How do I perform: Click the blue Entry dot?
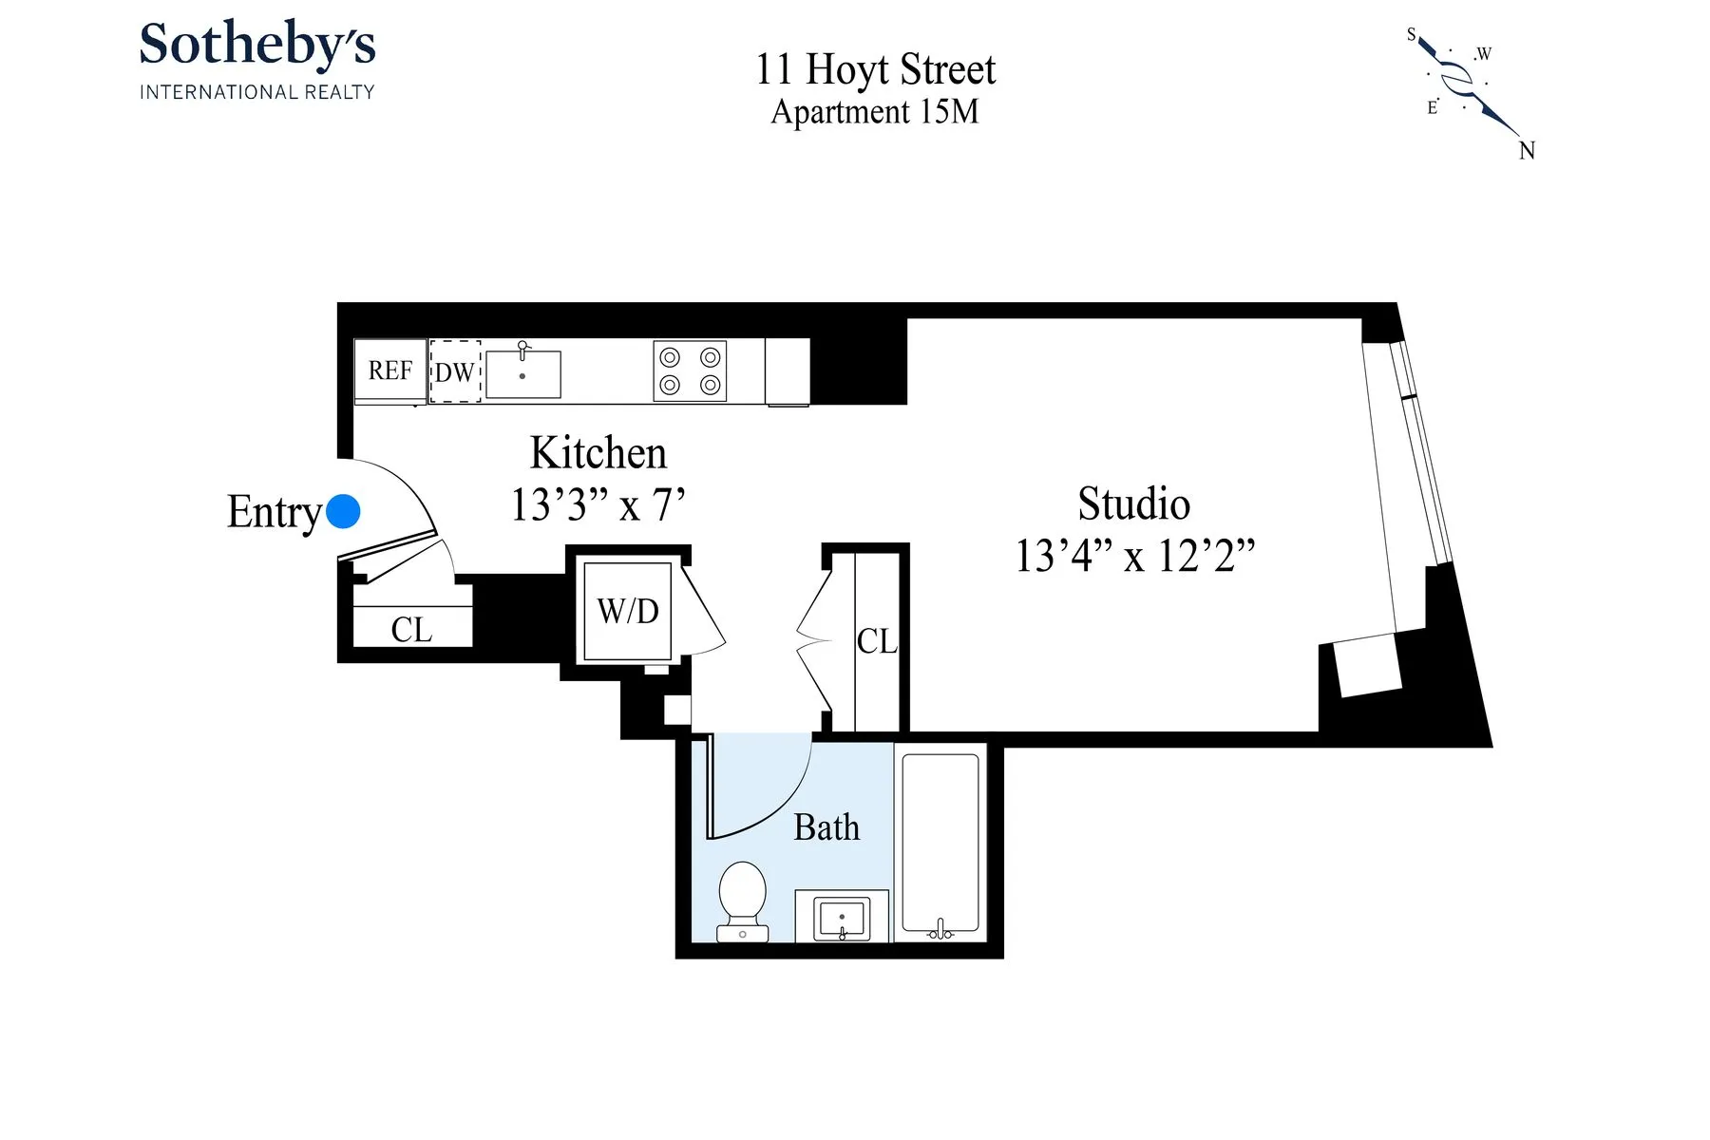point(343,511)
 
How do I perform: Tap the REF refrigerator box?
point(389,370)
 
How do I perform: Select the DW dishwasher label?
point(454,372)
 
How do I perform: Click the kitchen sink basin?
point(522,374)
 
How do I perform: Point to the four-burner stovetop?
point(690,370)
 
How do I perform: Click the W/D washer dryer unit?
point(627,611)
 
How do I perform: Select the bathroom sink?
point(842,918)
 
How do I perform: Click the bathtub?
point(940,841)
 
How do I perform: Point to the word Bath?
point(826,827)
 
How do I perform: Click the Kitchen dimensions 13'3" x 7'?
point(598,505)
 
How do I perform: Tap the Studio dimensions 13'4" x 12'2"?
point(1134,556)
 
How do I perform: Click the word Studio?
point(1133,503)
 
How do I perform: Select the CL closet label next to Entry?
point(411,630)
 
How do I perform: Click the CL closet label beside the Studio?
point(876,641)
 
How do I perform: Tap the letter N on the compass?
point(1527,151)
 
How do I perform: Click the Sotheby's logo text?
point(257,46)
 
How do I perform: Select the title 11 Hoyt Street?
point(875,69)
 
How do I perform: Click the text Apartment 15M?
point(874,112)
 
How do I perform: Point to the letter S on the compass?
point(1411,35)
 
